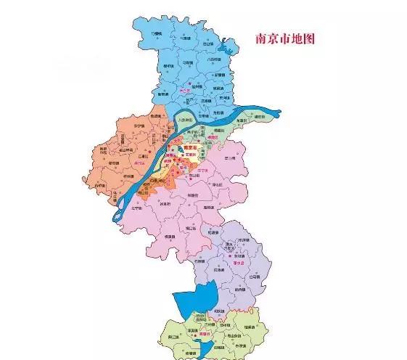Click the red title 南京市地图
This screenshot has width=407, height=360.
(283, 38)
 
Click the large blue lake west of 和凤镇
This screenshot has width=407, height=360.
(192, 298)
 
